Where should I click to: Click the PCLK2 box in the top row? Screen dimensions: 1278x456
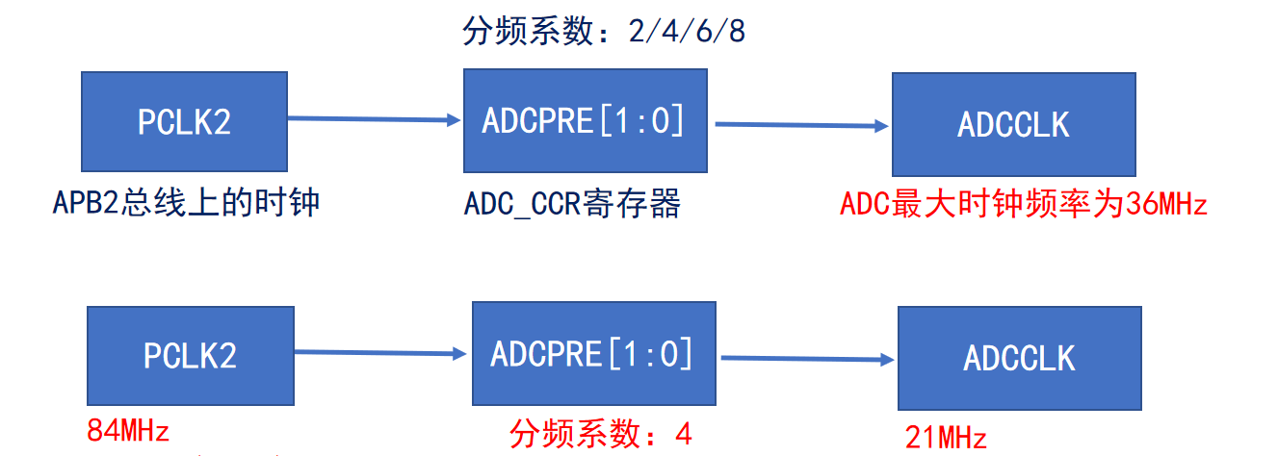[x=184, y=121]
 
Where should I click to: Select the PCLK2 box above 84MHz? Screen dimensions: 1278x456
[x=191, y=356]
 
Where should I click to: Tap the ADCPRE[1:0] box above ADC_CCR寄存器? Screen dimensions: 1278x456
[x=586, y=121]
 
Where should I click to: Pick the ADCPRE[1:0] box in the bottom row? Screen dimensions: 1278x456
[x=594, y=353]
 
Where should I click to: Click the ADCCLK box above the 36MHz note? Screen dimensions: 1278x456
[x=1014, y=124]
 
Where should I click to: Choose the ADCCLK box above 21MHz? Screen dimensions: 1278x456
[x=1020, y=358]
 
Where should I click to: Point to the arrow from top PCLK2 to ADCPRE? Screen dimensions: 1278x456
[x=375, y=119]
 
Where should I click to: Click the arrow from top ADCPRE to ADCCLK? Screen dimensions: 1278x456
[x=801, y=125]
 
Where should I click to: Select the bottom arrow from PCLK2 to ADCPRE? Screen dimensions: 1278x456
[x=380, y=353]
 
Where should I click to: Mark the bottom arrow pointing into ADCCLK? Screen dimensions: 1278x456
[x=808, y=359]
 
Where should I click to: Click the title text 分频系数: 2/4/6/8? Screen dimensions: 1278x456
[x=604, y=31]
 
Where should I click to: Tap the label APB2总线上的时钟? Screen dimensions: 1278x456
[x=186, y=202]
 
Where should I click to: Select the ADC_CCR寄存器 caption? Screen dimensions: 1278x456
[x=572, y=204]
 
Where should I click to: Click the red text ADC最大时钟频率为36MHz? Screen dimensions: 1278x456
[x=1024, y=204]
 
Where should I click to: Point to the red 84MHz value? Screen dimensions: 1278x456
[x=128, y=430]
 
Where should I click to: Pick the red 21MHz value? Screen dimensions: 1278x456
[x=946, y=438]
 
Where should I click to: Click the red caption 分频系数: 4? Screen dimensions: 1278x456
[x=601, y=434]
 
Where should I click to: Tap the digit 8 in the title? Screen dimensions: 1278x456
[x=737, y=31]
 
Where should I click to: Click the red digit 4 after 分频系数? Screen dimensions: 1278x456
[x=684, y=434]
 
